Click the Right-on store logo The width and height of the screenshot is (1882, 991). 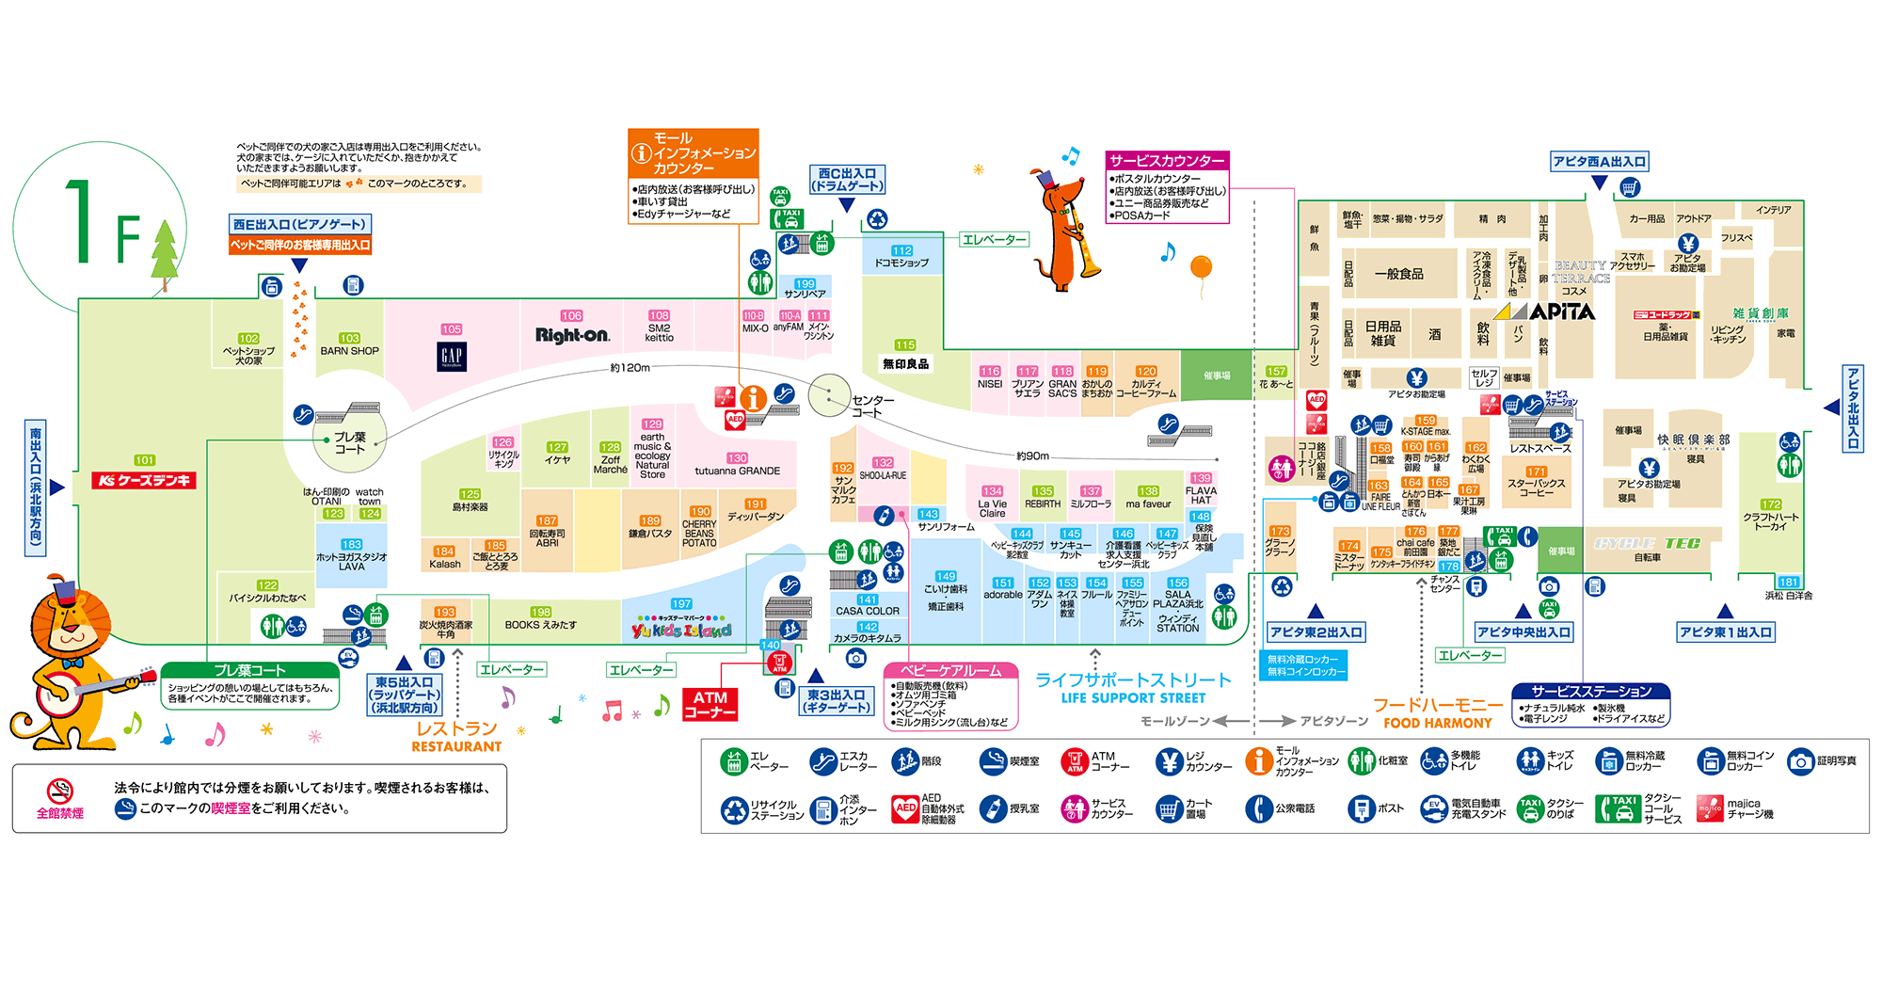tap(572, 335)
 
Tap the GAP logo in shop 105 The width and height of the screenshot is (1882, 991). tap(452, 356)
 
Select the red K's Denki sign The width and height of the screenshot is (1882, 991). tap(144, 480)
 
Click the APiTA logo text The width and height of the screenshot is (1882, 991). tap(1562, 312)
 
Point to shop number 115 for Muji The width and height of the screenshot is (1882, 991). tap(905, 345)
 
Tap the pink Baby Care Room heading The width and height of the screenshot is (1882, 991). tap(950, 671)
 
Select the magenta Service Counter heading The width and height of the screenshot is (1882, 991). tap(1167, 161)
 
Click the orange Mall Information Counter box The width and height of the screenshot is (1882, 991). tap(693, 152)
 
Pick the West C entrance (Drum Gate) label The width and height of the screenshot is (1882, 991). tap(847, 180)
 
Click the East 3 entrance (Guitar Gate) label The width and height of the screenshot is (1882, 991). tap(836, 701)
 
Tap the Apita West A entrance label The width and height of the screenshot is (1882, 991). tap(1599, 162)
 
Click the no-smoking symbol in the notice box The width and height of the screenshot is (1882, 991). tap(59, 791)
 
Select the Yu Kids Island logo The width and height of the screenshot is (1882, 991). tap(681, 630)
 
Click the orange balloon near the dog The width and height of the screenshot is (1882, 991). tap(1201, 266)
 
